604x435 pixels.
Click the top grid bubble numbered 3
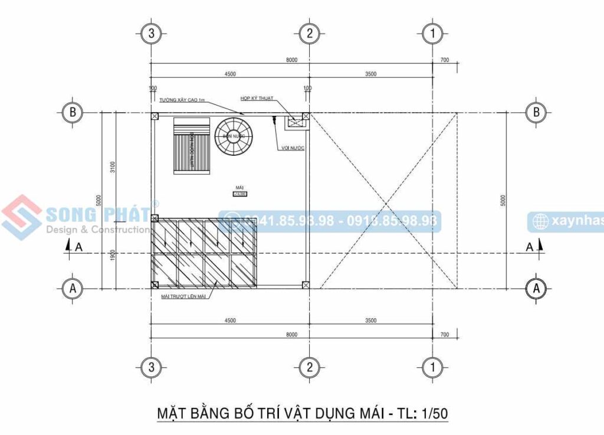click(151, 34)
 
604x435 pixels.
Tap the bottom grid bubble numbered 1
click(433, 368)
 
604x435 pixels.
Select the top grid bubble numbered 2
click(308, 34)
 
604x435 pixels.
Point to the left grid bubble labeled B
click(73, 112)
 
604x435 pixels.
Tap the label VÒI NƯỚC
click(293, 148)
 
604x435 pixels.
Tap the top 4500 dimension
click(229, 74)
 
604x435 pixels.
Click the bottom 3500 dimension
click(370, 320)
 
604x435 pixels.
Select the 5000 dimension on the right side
click(503, 201)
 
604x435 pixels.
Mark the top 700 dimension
click(444, 60)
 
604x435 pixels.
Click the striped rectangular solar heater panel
click(192, 146)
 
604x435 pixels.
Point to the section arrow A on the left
click(73, 247)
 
